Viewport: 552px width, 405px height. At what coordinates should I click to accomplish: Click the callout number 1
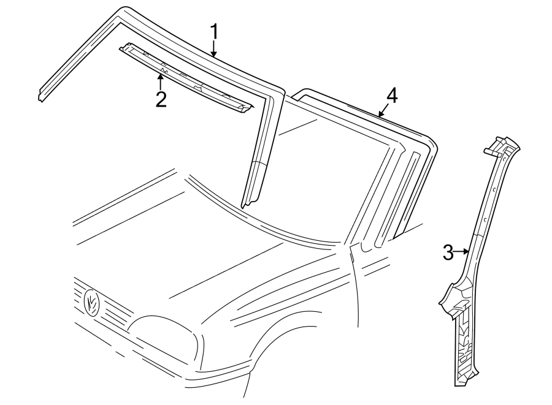click(x=214, y=31)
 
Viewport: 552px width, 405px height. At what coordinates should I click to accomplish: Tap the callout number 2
click(x=161, y=99)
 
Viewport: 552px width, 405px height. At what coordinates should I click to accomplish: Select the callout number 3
click(x=448, y=251)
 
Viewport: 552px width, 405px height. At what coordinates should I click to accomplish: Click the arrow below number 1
click(x=214, y=49)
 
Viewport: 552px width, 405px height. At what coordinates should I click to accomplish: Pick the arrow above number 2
click(x=161, y=80)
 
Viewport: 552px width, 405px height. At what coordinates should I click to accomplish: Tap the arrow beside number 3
click(x=462, y=251)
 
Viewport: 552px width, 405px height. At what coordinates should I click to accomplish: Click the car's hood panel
click(x=202, y=245)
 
